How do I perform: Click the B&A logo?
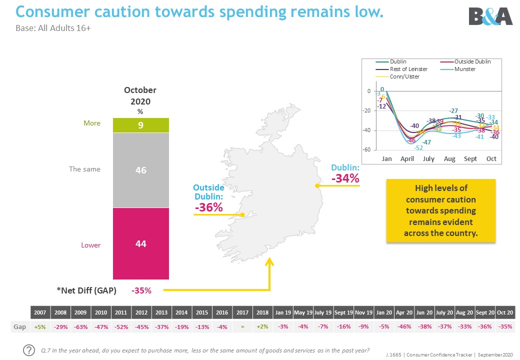click(x=490, y=16)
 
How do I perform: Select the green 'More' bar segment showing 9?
click(x=141, y=125)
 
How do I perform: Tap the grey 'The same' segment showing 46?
click(x=141, y=170)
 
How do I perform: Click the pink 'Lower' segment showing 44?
click(x=141, y=244)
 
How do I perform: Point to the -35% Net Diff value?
click(x=141, y=290)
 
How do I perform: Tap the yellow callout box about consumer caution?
click(x=440, y=210)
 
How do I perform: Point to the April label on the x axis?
click(x=407, y=158)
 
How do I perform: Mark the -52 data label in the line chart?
click(x=418, y=148)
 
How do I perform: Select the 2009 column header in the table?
click(x=80, y=312)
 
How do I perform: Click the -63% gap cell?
click(x=80, y=326)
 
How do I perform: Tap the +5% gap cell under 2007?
click(x=40, y=326)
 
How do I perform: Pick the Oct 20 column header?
click(x=505, y=312)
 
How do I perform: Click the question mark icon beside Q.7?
click(x=29, y=350)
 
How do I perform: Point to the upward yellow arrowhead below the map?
click(x=270, y=261)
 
